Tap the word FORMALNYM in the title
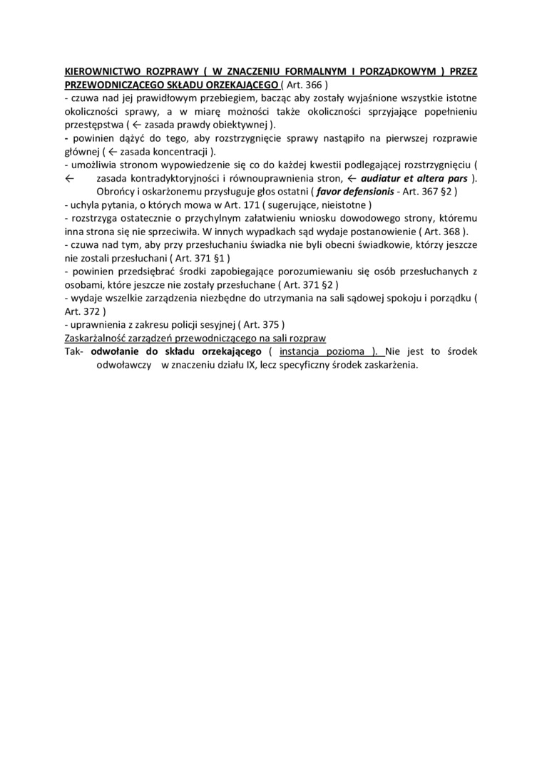(x=322, y=72)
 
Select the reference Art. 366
(x=304, y=85)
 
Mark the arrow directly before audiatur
(x=351, y=178)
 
